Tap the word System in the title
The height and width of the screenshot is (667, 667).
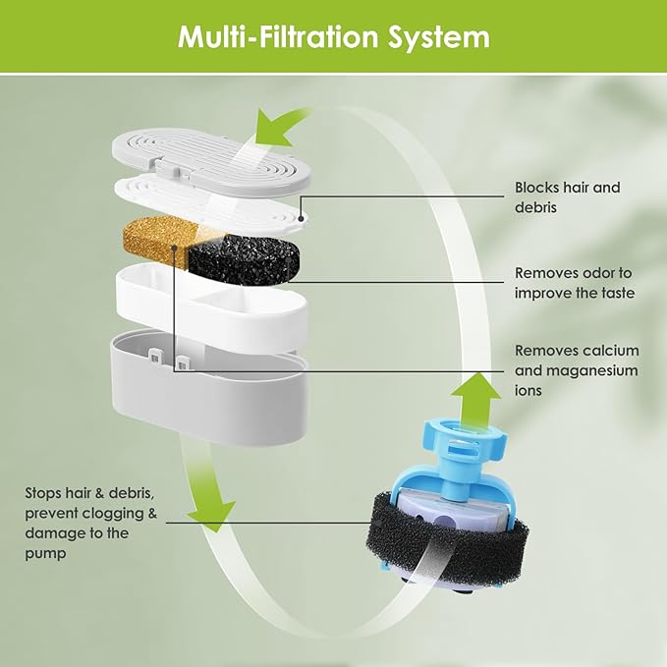coord(439,37)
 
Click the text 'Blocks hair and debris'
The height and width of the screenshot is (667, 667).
coord(567,195)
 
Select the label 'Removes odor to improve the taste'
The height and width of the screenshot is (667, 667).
coord(575,283)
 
